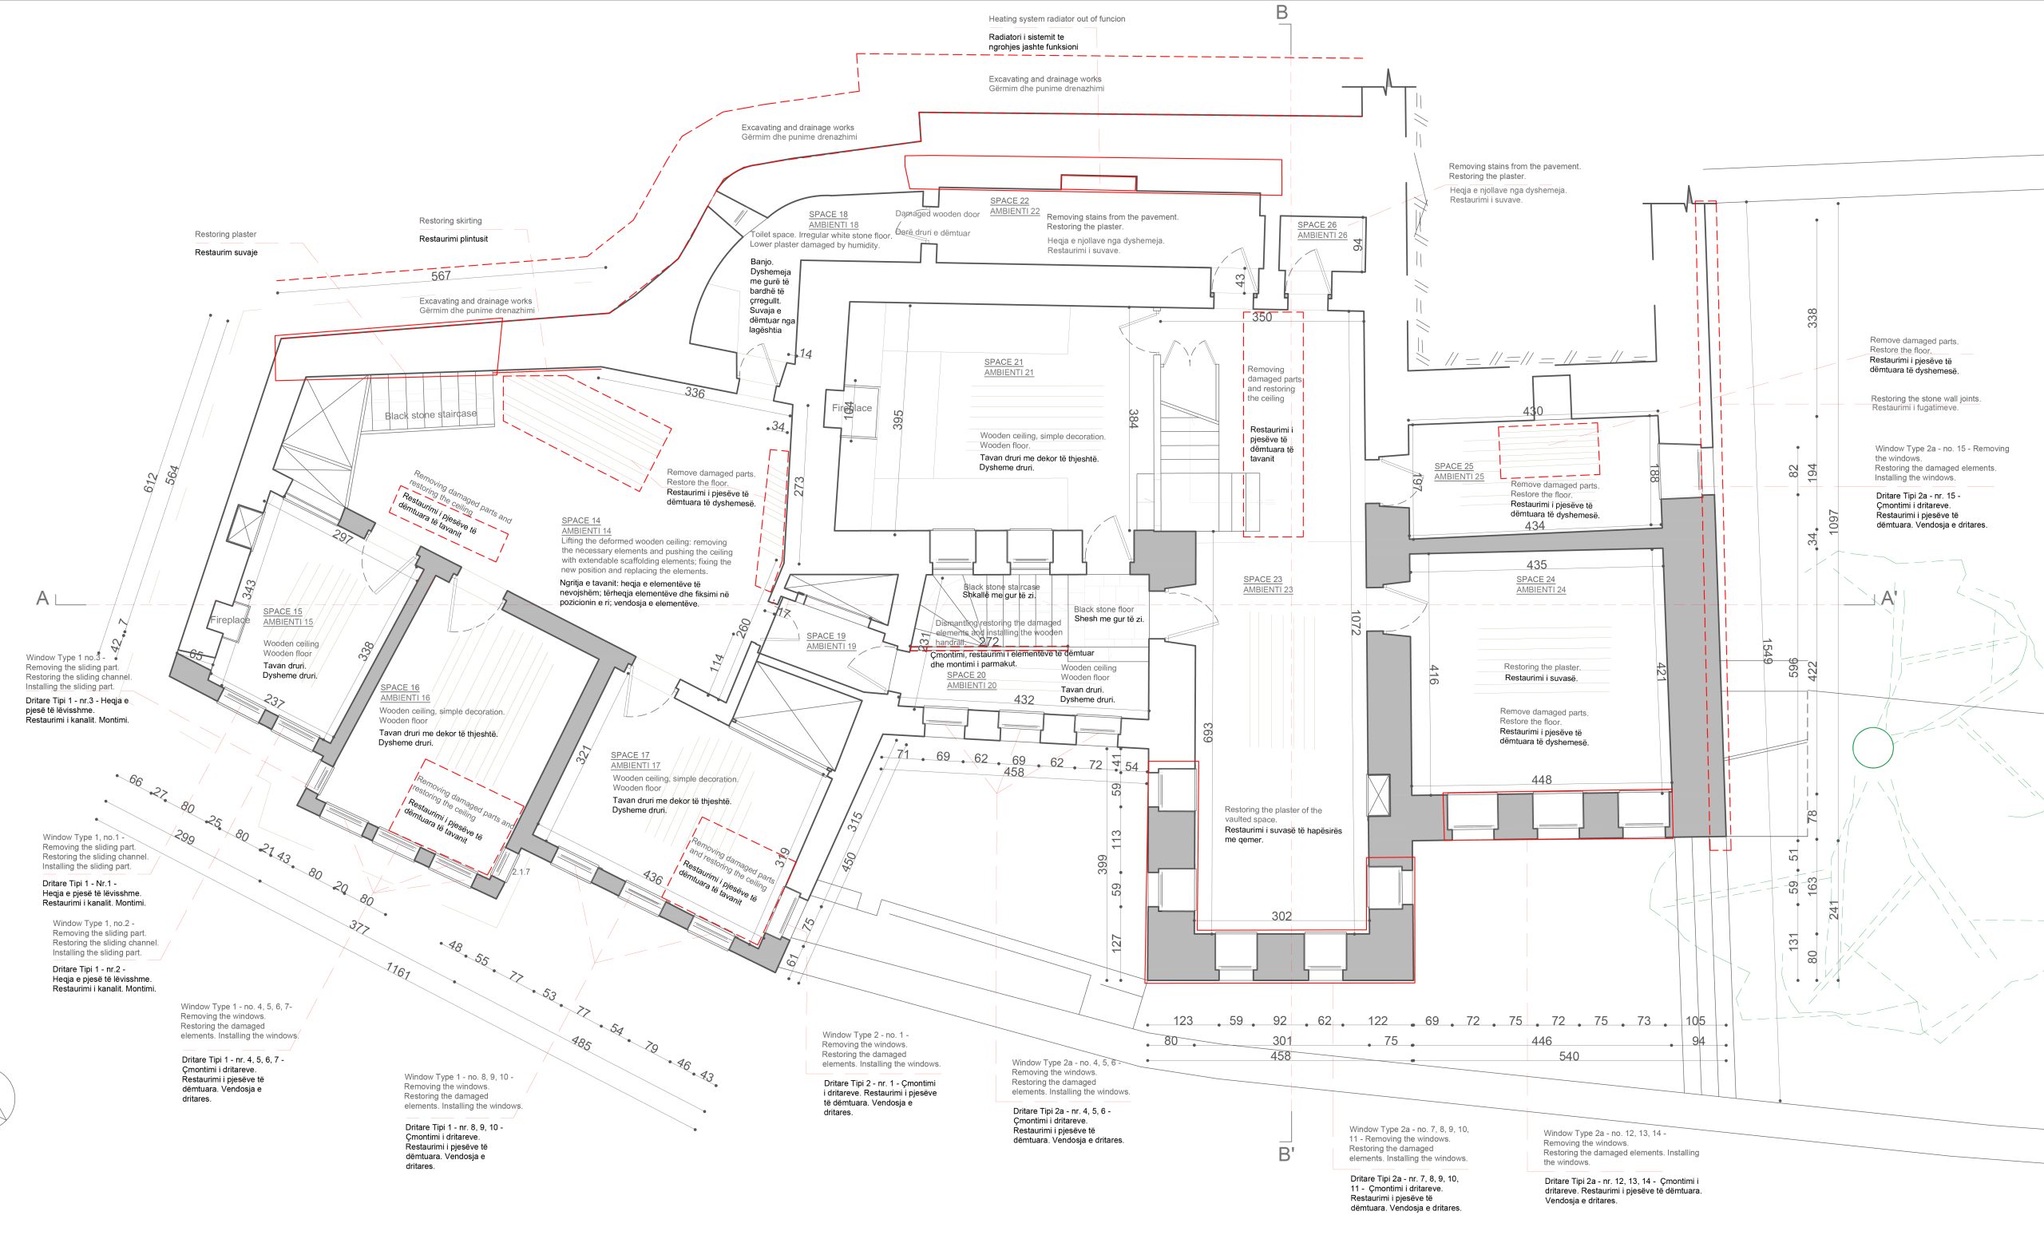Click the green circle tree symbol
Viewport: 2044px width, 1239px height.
click(x=1872, y=748)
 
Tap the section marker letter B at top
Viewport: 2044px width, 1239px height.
click(x=1281, y=13)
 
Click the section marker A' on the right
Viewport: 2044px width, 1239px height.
click(x=1888, y=599)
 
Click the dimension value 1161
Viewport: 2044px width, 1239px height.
click(x=398, y=970)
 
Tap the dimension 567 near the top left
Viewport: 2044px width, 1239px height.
click(x=441, y=276)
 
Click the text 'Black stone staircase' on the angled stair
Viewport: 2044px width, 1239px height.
click(x=430, y=414)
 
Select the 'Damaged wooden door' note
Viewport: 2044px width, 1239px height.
click(x=937, y=214)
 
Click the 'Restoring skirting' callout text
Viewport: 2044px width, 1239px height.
click(x=450, y=220)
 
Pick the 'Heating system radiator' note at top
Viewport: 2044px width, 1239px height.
click(x=1056, y=19)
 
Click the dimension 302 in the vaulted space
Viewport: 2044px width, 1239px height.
click(x=1281, y=916)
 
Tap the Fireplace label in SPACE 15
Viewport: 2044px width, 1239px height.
click(x=230, y=620)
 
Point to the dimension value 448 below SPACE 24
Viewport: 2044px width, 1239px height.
click(x=1541, y=779)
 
